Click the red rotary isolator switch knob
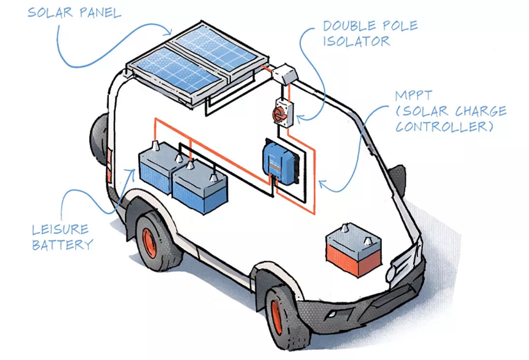[x=279, y=114]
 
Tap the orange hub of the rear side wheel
[x=149, y=242]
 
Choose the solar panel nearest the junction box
[x=216, y=49]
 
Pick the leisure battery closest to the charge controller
[x=199, y=186]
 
